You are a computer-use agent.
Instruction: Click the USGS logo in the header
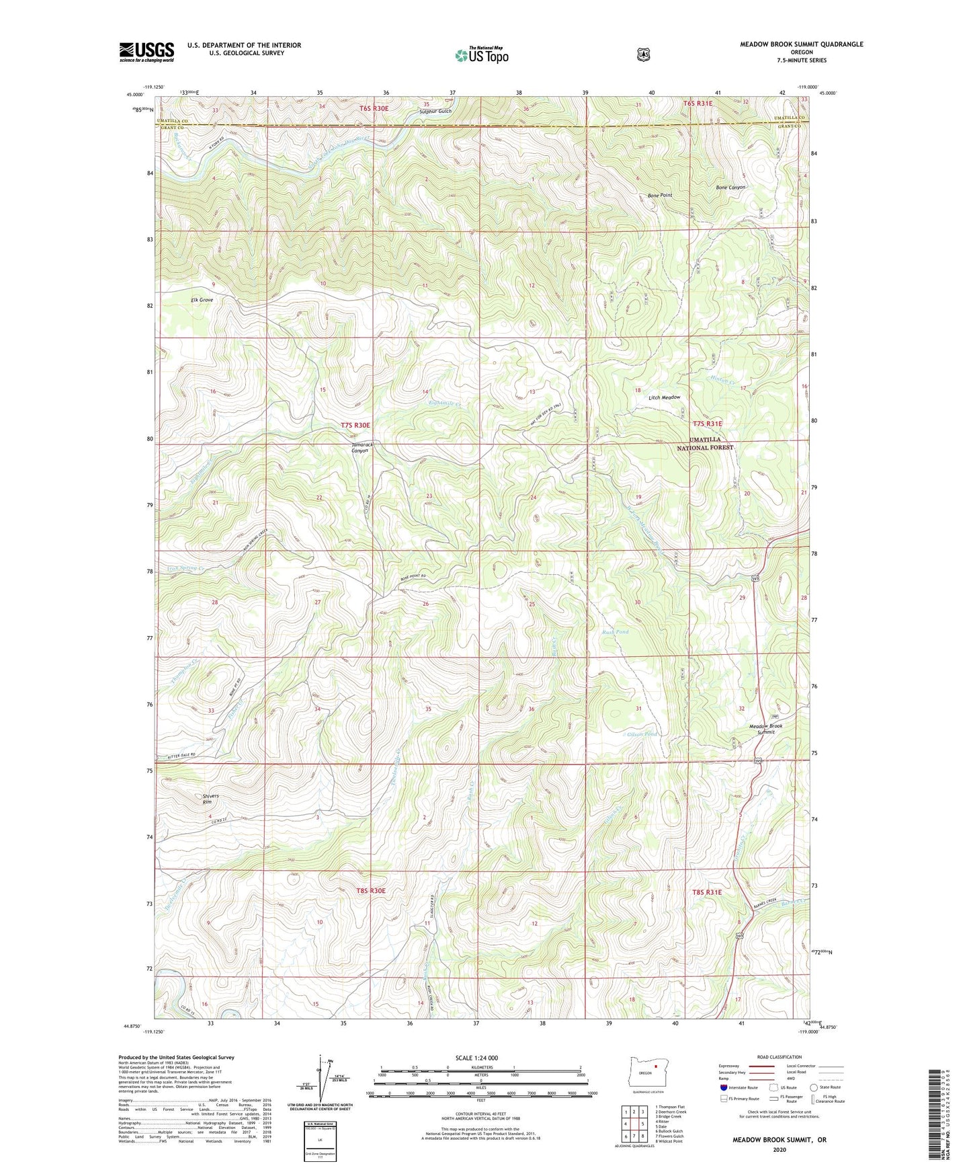pyautogui.click(x=146, y=52)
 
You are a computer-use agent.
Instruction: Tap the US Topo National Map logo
pyautogui.click(x=480, y=55)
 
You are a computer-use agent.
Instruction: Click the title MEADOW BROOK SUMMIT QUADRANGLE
pyautogui.click(x=801, y=44)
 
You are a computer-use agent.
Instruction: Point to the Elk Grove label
pyautogui.click(x=202, y=300)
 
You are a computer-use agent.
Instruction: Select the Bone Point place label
pyautogui.click(x=659, y=195)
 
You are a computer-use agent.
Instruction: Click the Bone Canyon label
pyautogui.click(x=730, y=188)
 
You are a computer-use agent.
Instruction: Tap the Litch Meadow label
pyautogui.click(x=665, y=397)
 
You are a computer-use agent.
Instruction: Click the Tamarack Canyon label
pyautogui.click(x=360, y=448)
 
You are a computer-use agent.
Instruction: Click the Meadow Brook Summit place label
pyautogui.click(x=765, y=729)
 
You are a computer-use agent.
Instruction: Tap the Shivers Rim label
pyautogui.click(x=210, y=799)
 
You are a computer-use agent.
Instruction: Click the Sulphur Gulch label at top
pyautogui.click(x=435, y=111)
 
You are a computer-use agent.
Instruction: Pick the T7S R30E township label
pyautogui.click(x=355, y=425)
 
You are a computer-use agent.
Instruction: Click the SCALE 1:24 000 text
pyautogui.click(x=476, y=1058)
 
